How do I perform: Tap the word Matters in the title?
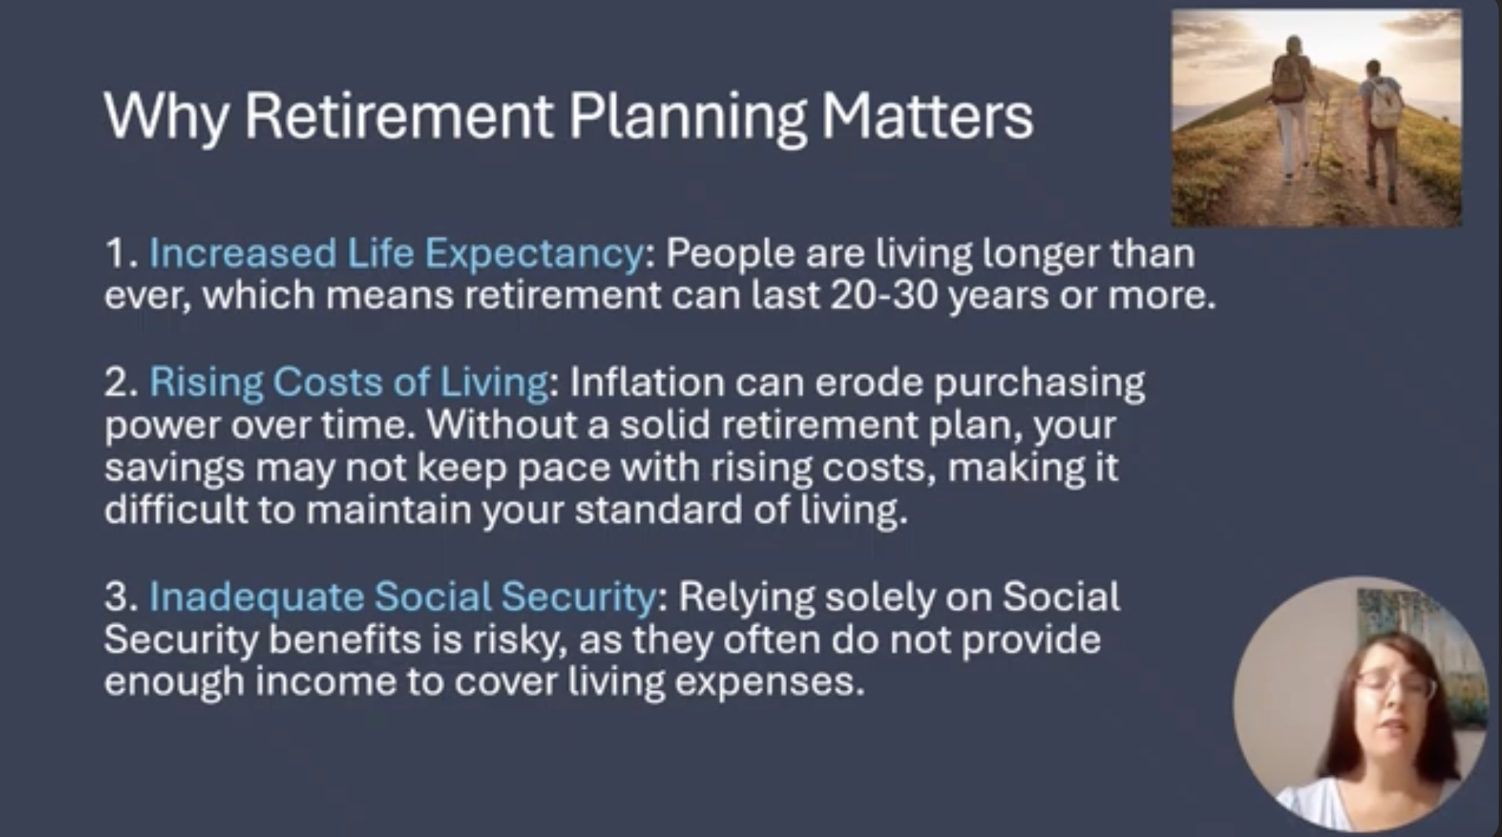pos(928,115)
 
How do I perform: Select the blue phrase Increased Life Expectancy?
pos(396,254)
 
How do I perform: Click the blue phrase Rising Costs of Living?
pos(349,383)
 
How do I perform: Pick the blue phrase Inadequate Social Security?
pos(403,597)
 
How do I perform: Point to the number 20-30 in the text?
pos(884,295)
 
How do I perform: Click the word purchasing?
pos(1039,383)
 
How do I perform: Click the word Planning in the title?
pos(687,117)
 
